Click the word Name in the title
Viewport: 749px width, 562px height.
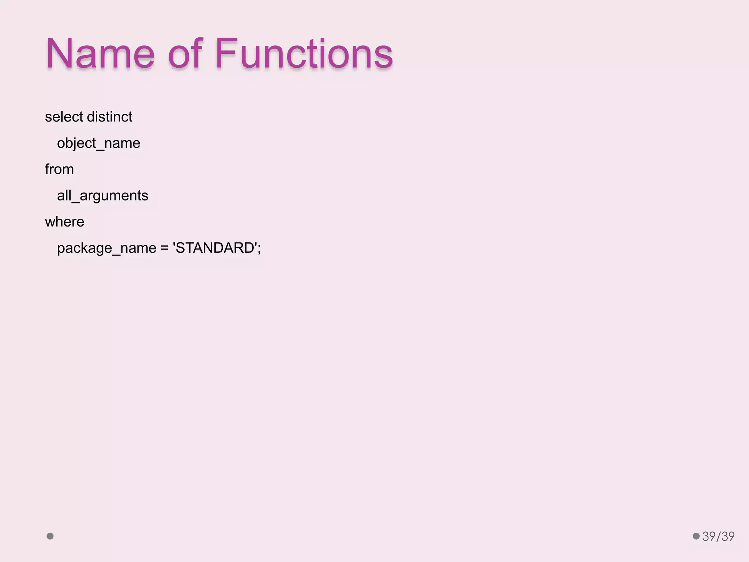coord(100,54)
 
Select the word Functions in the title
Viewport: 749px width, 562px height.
coord(304,54)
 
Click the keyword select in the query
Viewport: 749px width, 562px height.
coord(64,117)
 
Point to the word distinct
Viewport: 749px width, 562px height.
coord(109,117)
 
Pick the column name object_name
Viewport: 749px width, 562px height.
coord(98,143)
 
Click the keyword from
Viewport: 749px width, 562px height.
coord(59,169)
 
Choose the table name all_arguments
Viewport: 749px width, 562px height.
coord(102,196)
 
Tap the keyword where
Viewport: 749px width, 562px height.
coord(64,222)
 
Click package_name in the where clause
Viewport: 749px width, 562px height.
coord(107,248)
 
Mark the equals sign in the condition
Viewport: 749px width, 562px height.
coord(165,248)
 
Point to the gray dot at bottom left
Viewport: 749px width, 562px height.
coord(50,536)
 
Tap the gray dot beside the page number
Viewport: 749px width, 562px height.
coord(696,536)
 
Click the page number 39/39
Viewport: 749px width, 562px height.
coord(718,536)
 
